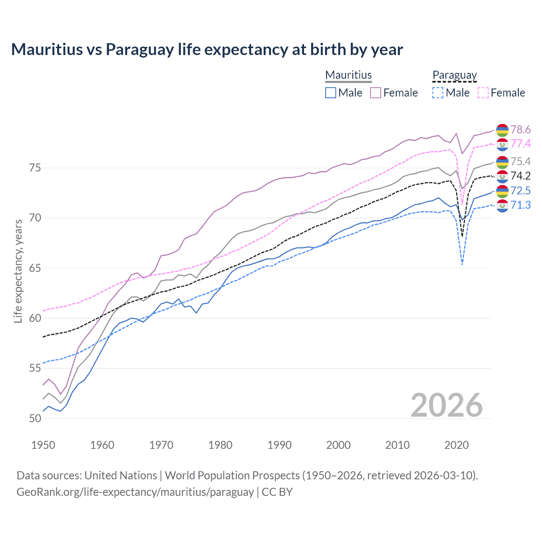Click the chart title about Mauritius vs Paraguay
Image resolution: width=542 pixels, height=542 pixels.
(x=207, y=50)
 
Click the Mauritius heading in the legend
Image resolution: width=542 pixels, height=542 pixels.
(x=348, y=75)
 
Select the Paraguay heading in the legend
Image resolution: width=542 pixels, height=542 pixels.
(x=454, y=75)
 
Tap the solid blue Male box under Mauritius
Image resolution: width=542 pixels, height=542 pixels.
(x=331, y=93)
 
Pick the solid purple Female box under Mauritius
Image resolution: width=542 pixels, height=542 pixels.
(x=376, y=93)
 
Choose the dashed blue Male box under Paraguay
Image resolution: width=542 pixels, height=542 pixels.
(x=438, y=93)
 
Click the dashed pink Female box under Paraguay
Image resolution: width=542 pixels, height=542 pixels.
(x=483, y=93)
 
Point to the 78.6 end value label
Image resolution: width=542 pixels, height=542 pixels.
(x=520, y=130)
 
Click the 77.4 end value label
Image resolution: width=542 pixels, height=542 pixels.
(x=520, y=144)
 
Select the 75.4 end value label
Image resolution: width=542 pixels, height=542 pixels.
(x=520, y=161)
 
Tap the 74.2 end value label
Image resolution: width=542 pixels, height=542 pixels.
(x=520, y=176)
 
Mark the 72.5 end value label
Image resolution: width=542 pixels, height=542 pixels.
(x=520, y=191)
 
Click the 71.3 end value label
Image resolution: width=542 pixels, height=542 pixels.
(x=520, y=205)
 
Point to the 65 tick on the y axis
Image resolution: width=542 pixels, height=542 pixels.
(x=36, y=268)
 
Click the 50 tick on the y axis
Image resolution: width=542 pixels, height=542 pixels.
(x=36, y=419)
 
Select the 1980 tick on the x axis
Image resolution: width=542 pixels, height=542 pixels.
(x=220, y=445)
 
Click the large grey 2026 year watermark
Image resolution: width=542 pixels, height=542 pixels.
(x=447, y=405)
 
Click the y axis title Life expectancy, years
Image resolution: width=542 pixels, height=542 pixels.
(x=18, y=271)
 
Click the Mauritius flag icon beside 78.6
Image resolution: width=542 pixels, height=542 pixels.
(x=502, y=130)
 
